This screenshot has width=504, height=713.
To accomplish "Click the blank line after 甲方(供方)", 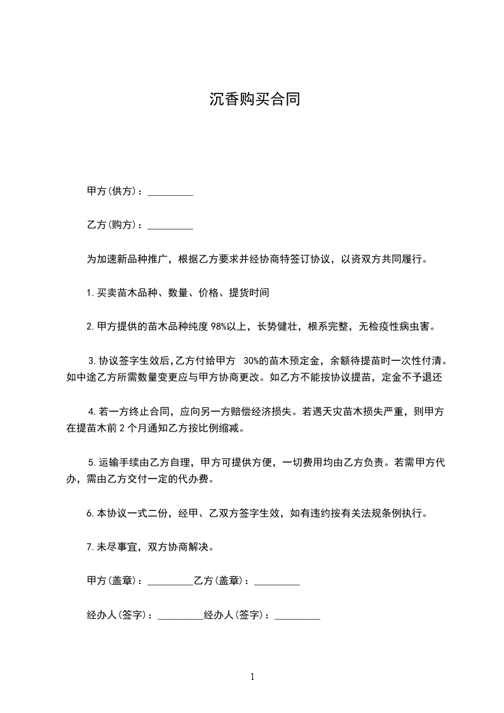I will pyautogui.click(x=170, y=192).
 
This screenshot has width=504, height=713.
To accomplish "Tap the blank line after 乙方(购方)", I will pyautogui.click(x=170, y=226).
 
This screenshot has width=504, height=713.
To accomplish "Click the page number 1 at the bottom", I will pyautogui.click(x=252, y=677).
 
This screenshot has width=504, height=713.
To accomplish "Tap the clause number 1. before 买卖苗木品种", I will pyautogui.click(x=90, y=294).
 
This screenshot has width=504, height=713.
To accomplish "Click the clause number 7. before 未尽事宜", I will pyautogui.click(x=90, y=547).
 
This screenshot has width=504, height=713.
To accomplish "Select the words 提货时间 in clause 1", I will pyautogui.click(x=250, y=293).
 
